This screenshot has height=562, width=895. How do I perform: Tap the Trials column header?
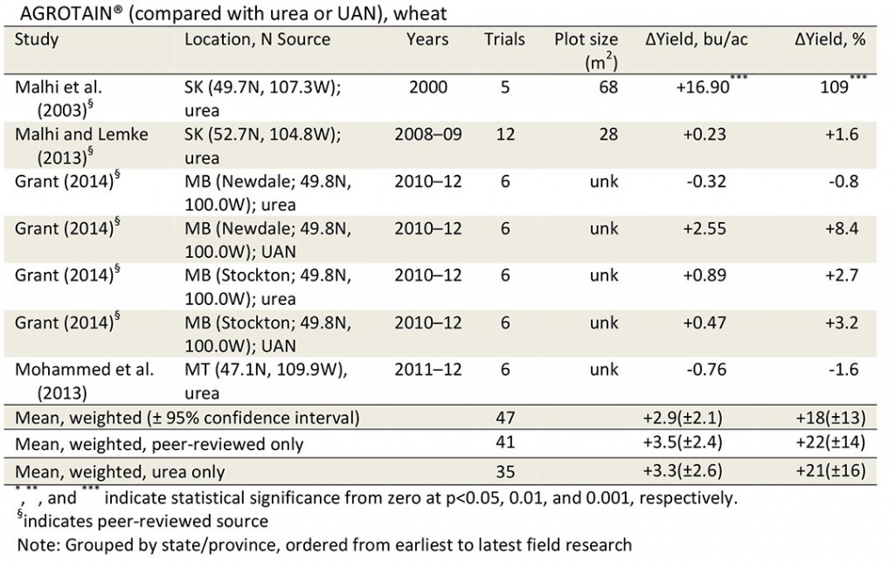click(x=504, y=40)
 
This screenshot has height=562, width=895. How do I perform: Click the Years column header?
click(x=427, y=40)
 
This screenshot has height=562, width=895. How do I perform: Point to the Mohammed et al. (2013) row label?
click(x=84, y=379)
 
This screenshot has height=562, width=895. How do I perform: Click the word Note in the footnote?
click(x=34, y=545)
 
